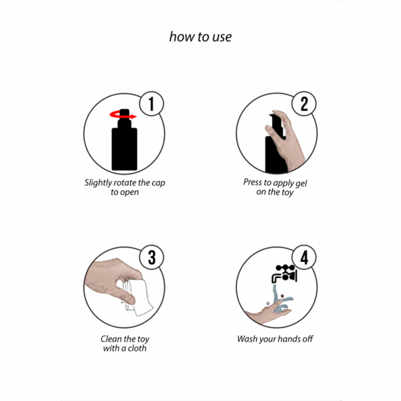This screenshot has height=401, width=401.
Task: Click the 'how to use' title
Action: [200, 37]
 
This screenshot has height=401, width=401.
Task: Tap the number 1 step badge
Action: [152, 104]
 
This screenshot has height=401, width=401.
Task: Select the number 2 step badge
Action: [304, 104]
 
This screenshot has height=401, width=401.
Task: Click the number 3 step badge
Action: [152, 257]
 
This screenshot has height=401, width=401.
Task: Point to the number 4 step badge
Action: [304, 257]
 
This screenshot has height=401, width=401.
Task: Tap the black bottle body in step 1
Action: [124, 149]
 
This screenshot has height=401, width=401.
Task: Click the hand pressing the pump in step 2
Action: [287, 140]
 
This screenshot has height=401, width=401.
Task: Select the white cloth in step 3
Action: [138, 297]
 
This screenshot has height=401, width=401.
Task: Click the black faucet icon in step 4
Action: [284, 274]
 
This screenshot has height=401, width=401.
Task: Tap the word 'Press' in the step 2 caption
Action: [253, 182]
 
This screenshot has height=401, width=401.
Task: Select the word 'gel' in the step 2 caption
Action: [301, 184]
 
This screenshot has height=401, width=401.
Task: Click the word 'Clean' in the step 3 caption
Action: [111, 339]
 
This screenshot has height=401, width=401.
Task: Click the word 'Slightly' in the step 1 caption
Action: [98, 183]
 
